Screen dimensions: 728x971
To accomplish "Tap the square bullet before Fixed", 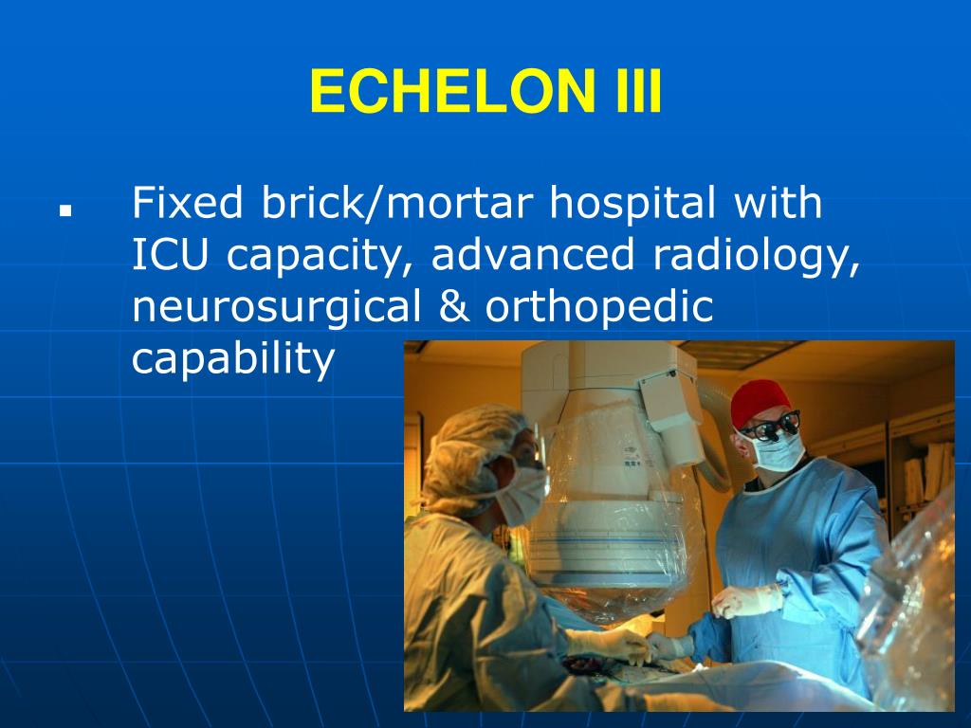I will [x=65, y=210].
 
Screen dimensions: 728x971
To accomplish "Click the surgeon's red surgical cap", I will [x=760, y=400].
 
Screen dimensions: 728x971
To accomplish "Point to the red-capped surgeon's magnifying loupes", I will [x=770, y=426].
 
